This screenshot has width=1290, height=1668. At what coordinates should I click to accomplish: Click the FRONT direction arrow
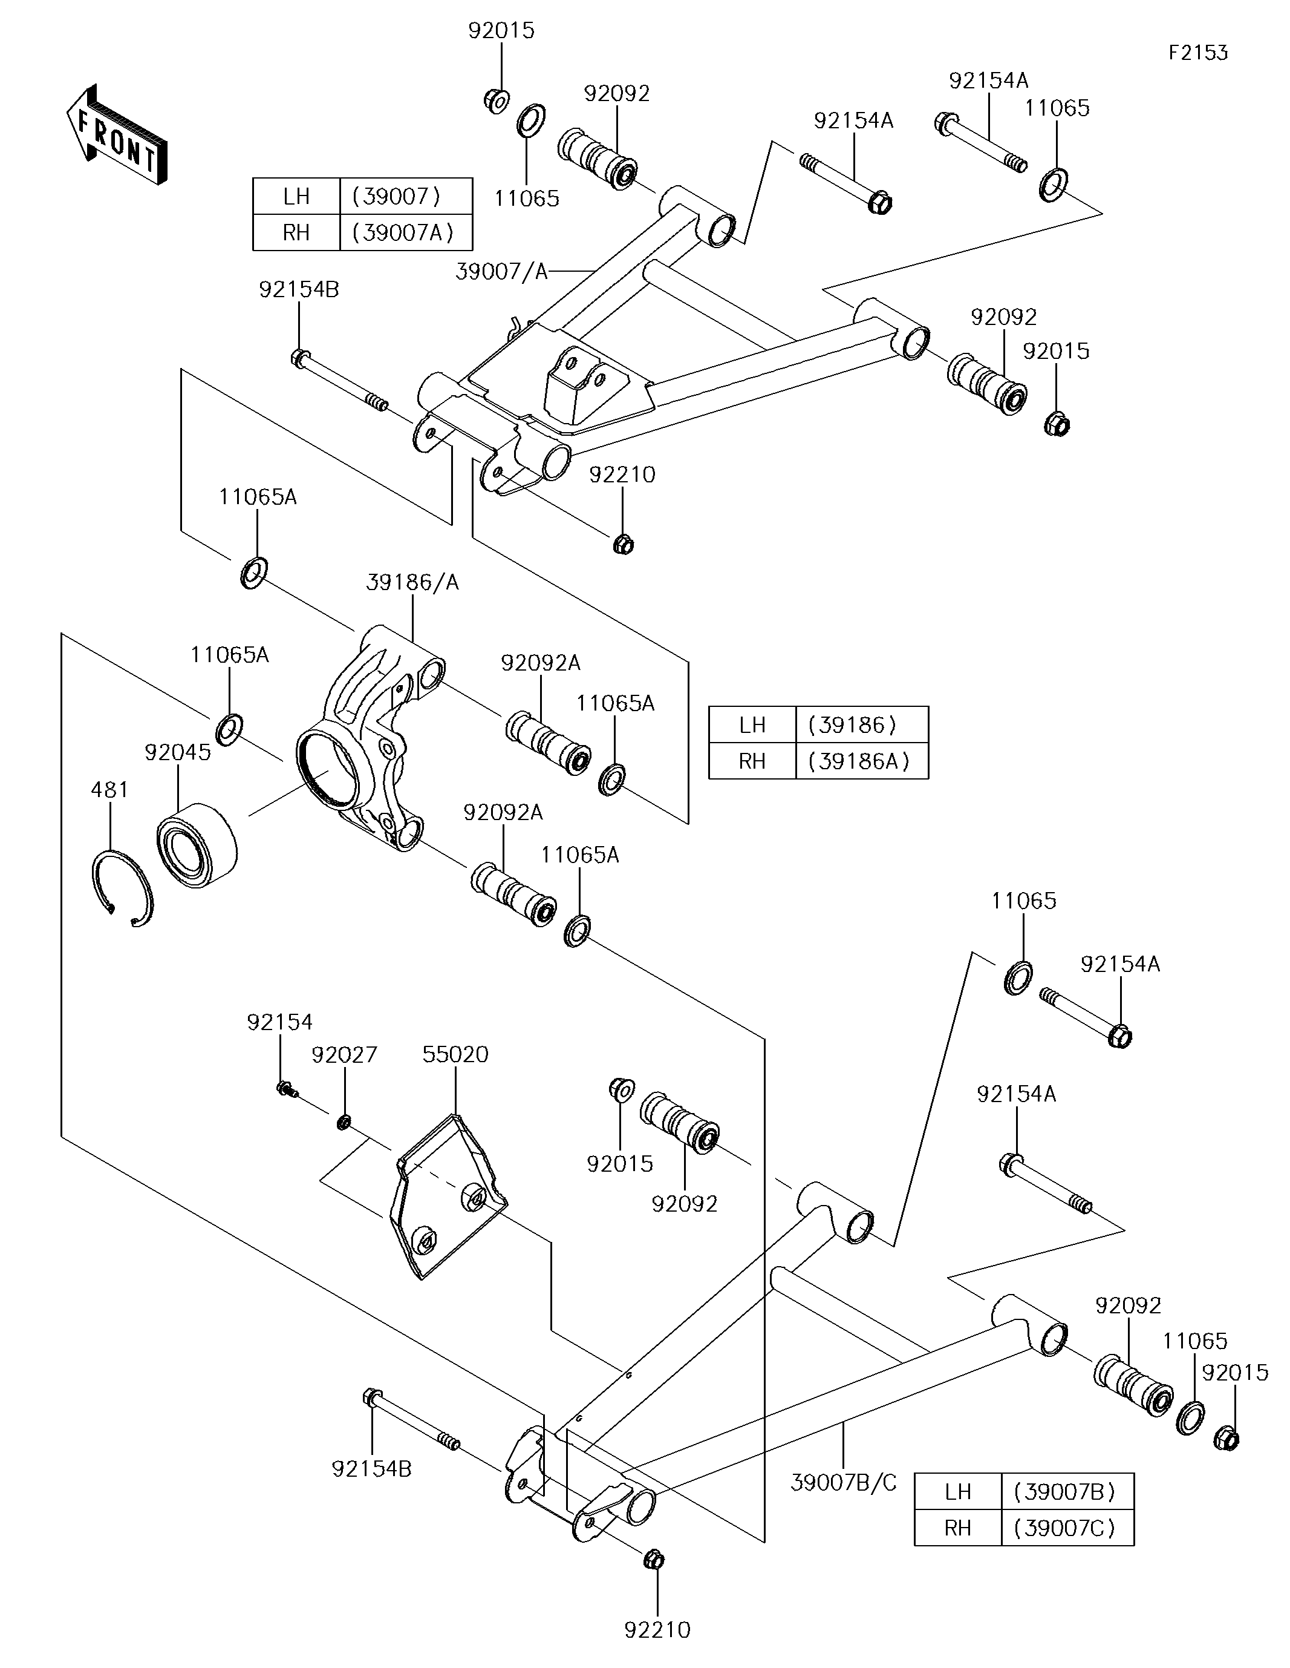[x=117, y=135]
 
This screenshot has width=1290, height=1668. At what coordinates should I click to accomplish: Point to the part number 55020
[x=455, y=1055]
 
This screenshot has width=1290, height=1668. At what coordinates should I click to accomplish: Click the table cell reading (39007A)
[x=404, y=232]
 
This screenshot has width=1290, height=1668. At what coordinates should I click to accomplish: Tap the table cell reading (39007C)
[x=1066, y=1528]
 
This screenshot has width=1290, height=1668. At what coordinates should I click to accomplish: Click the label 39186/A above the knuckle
[x=412, y=583]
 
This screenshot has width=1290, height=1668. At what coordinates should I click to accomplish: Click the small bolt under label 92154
[x=285, y=1088]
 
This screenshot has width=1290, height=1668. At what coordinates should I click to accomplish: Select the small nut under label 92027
[x=344, y=1122]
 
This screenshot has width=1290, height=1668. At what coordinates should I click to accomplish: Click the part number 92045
[x=177, y=752]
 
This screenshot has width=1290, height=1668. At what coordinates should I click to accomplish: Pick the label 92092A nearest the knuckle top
[x=541, y=663]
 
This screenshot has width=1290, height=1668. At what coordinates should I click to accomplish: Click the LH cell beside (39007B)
[x=957, y=1491]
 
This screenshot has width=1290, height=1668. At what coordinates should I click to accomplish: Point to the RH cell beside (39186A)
[x=752, y=761]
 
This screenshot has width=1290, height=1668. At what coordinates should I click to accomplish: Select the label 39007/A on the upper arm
[x=501, y=271]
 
